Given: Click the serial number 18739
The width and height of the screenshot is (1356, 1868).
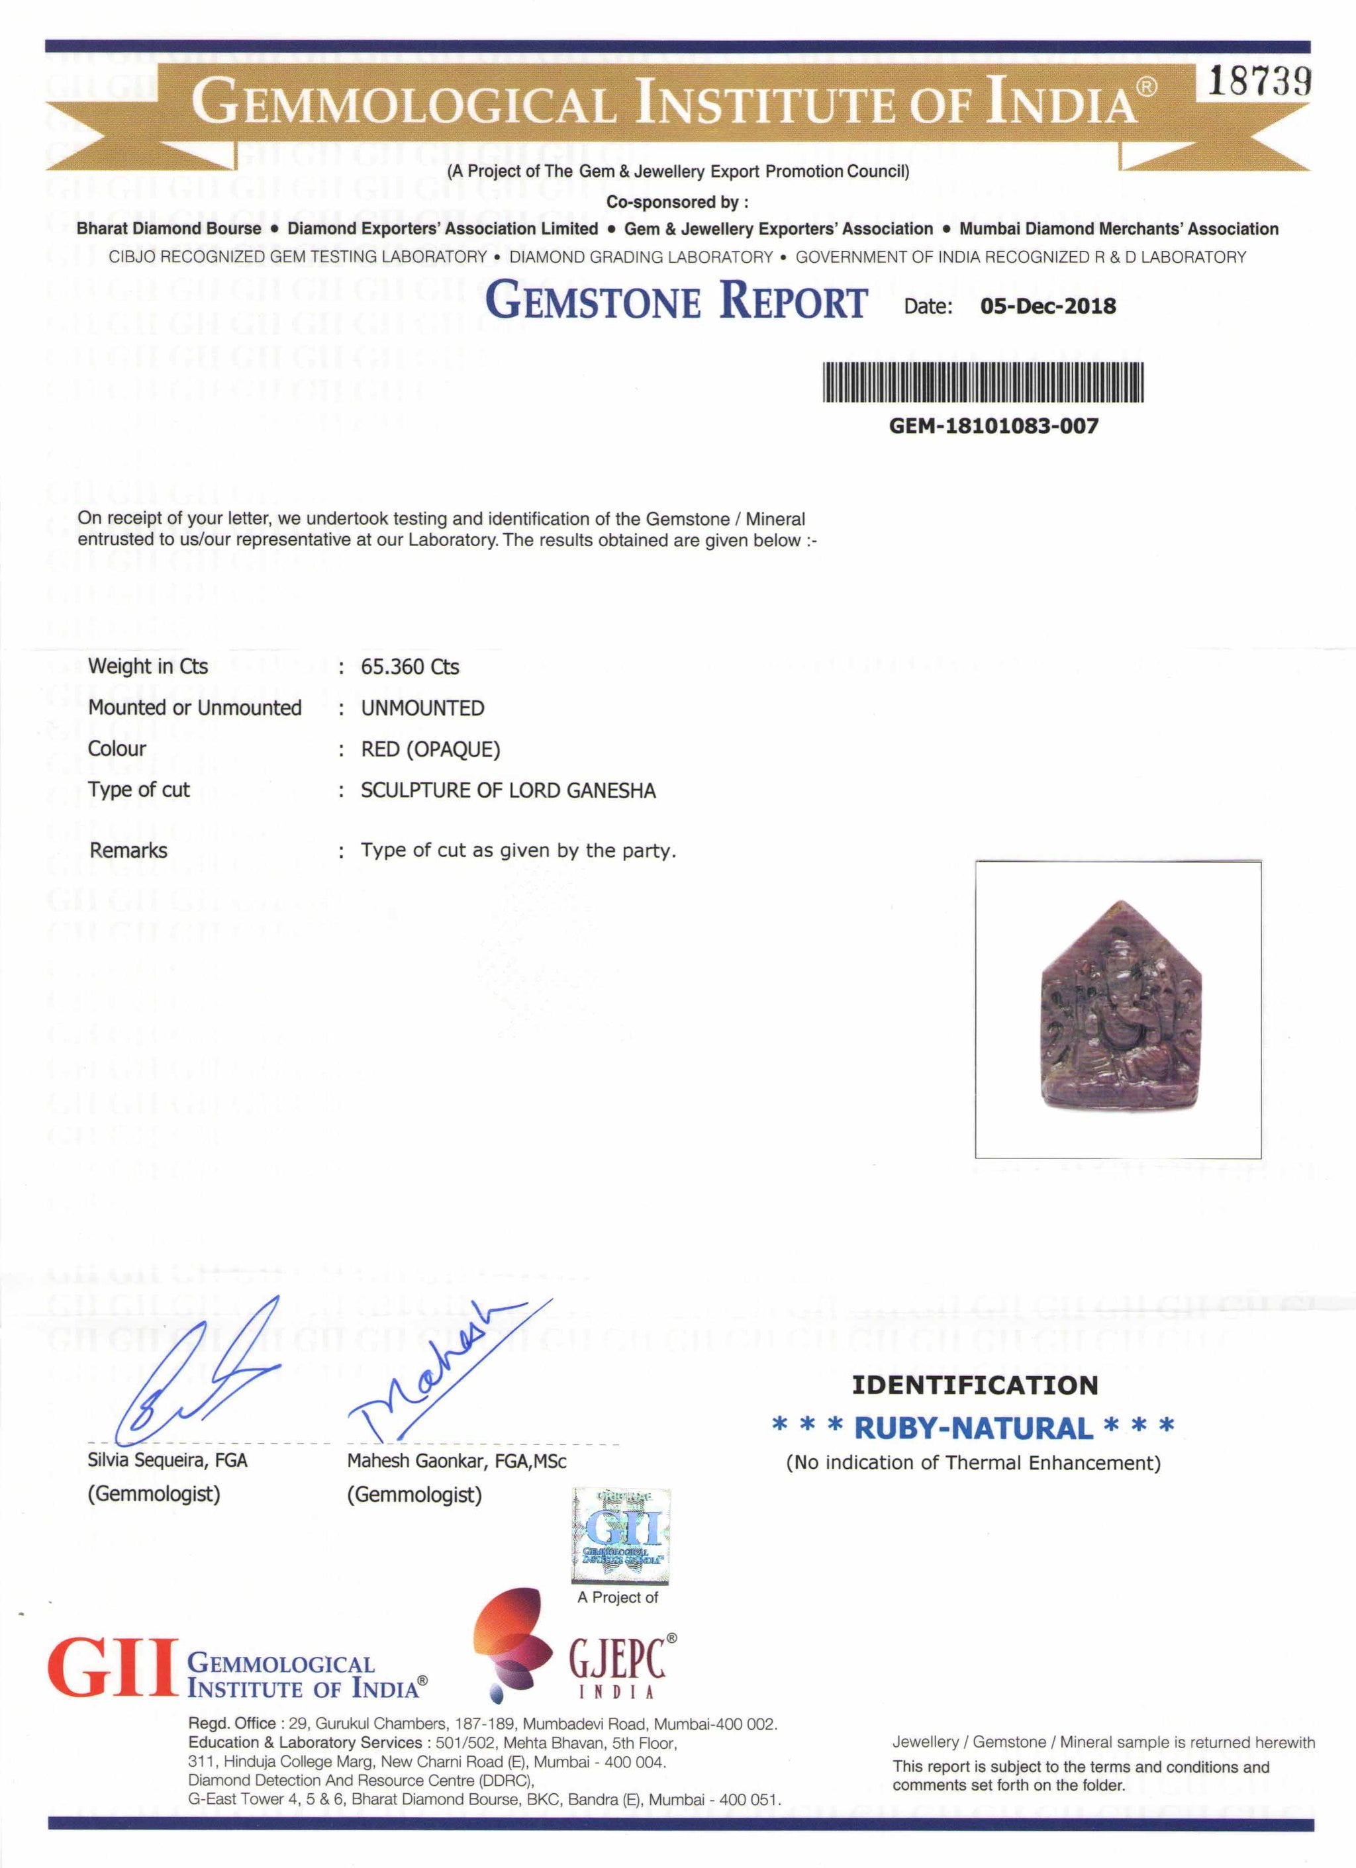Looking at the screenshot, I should (1259, 84).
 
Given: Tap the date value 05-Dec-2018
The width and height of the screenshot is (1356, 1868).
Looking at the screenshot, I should (1048, 306).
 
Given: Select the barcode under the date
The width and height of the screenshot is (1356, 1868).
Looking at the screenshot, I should (984, 383).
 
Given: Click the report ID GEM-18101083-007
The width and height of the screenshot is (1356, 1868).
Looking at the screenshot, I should (994, 426).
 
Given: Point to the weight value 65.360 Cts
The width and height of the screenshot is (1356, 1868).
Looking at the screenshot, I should (409, 667).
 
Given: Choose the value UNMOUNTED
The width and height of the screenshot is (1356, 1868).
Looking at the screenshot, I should (422, 708).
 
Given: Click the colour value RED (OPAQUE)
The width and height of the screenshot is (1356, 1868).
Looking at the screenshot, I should (430, 749).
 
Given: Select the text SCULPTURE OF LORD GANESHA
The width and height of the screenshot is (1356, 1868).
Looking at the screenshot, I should (507, 790).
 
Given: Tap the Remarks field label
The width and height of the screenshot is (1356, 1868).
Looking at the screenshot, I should (128, 850).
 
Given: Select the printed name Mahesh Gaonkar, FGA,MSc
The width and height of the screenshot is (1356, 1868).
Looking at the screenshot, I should (456, 1461).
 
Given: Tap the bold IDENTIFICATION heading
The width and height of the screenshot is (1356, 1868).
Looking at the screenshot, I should (975, 1385).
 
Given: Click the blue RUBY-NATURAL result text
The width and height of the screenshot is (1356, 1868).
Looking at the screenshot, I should (973, 1427).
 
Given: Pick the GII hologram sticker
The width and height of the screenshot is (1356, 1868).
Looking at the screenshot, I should (621, 1537).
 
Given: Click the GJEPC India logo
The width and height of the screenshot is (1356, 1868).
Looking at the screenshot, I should (577, 1656).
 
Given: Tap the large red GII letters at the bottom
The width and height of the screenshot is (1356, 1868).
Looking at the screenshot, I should (113, 1668).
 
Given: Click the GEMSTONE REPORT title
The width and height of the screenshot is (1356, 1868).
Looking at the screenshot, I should (675, 301).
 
